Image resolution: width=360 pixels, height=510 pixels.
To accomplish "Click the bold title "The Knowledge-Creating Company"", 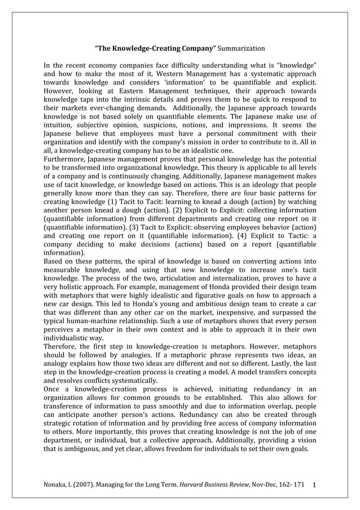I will point(155,49).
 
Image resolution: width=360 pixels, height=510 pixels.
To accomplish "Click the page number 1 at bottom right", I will point(314,486).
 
